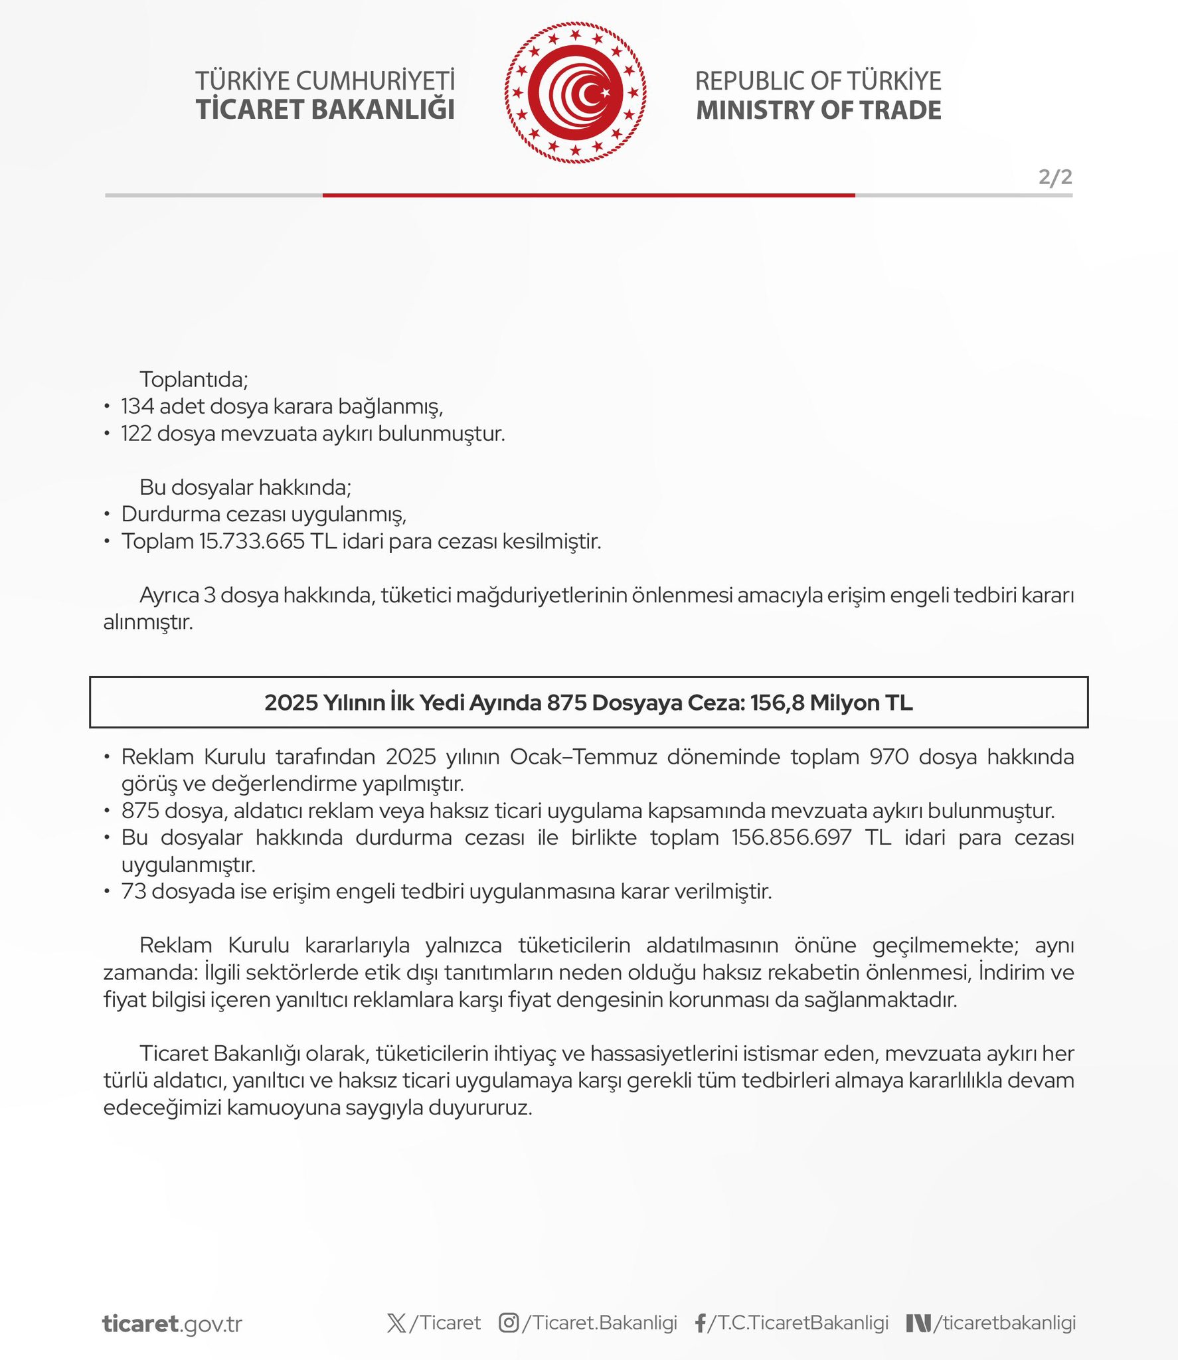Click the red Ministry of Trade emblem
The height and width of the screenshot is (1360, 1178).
[x=575, y=93]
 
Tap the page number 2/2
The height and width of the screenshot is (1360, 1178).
[x=1055, y=177]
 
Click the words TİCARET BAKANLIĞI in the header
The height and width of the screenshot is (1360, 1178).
[x=325, y=110]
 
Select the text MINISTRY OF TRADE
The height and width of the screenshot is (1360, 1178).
[x=818, y=110]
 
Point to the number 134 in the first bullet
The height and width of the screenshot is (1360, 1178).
[x=137, y=406]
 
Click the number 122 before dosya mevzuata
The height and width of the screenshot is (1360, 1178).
[x=136, y=434]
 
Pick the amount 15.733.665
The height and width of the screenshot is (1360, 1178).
[x=252, y=541]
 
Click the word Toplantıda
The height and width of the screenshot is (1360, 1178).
[x=193, y=379]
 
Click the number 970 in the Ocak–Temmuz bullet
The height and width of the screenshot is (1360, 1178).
[x=888, y=757]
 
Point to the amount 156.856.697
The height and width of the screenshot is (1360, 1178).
[x=792, y=837]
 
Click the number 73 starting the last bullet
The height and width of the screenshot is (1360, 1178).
[x=133, y=891]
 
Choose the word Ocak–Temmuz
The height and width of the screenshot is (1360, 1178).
[x=583, y=757]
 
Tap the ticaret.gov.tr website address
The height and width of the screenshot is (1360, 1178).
[x=172, y=1323]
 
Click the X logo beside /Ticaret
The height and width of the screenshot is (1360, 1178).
[x=396, y=1323]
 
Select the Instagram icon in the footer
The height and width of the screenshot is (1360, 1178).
[x=509, y=1323]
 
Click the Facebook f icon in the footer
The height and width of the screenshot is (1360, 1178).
[x=700, y=1323]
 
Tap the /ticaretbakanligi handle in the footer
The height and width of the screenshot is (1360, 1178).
[x=1004, y=1323]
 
